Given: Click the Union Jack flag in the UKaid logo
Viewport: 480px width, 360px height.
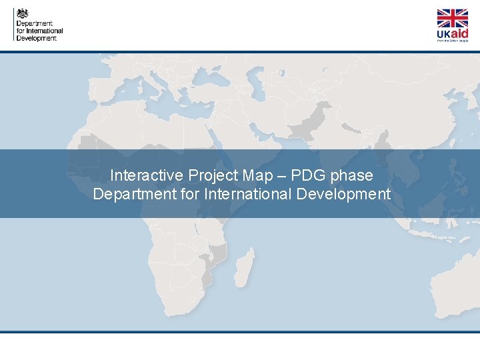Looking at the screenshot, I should (452, 18).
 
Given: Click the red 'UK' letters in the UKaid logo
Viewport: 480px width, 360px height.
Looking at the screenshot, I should (443, 34).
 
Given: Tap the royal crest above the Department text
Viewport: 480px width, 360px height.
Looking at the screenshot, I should (23, 13).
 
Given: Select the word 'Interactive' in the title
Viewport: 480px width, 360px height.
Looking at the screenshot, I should (146, 175).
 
